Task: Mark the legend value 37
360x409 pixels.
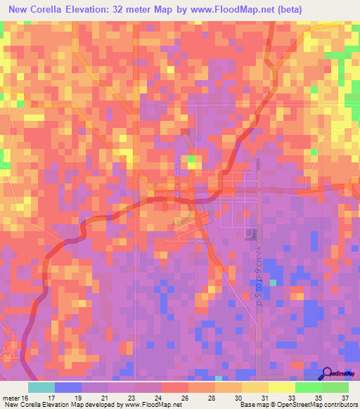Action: coord(344,397)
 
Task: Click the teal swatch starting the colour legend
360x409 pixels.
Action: coord(41,387)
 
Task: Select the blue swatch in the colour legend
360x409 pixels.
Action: coord(68,387)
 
